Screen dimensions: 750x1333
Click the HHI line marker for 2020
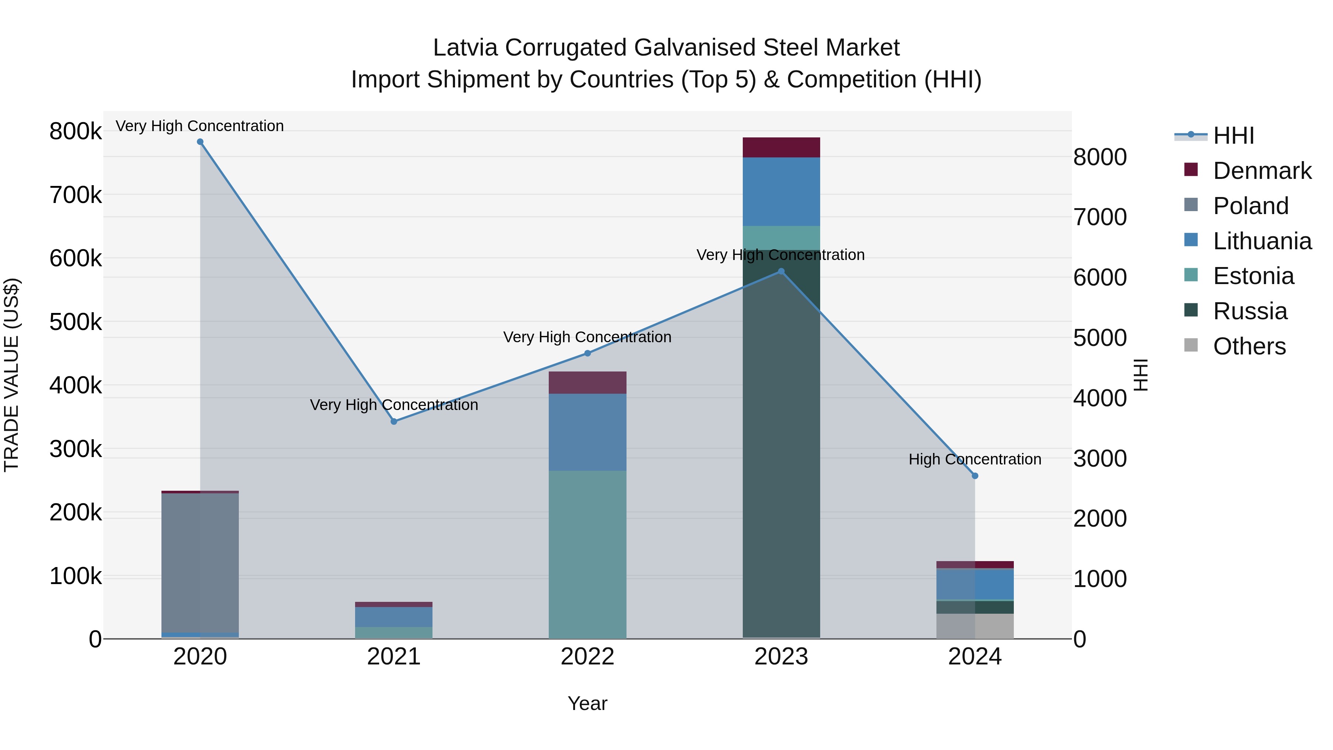point(200,142)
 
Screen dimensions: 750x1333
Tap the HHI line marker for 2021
point(394,421)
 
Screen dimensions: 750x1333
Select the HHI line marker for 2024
point(975,476)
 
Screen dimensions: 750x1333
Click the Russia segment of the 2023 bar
point(781,445)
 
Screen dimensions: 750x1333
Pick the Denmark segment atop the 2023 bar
point(781,147)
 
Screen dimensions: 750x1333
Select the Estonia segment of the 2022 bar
point(587,554)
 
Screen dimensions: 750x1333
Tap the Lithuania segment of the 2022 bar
point(587,432)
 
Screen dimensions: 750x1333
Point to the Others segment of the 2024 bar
point(975,626)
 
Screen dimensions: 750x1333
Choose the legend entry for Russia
point(1250,311)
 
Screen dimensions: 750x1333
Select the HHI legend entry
point(1233,136)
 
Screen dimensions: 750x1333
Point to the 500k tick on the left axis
point(76,322)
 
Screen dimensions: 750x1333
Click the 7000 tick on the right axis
point(1100,217)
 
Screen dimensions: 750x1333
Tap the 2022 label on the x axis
point(587,657)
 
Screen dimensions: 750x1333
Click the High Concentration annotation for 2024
point(975,459)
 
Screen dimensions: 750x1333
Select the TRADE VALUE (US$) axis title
point(11,375)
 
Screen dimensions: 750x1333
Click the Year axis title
point(587,703)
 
